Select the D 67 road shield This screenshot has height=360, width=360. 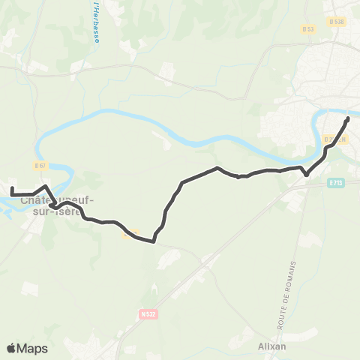click(x=40, y=165)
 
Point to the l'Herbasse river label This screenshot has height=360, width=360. click(x=97, y=22)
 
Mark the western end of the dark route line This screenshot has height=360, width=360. click(x=12, y=188)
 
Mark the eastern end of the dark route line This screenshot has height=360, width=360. click(x=348, y=118)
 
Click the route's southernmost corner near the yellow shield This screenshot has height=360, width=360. click(x=154, y=241)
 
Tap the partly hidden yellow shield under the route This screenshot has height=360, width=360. click(x=130, y=234)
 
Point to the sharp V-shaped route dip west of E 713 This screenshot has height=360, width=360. click(x=306, y=175)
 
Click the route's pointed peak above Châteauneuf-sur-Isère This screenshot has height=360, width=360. click(x=46, y=186)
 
